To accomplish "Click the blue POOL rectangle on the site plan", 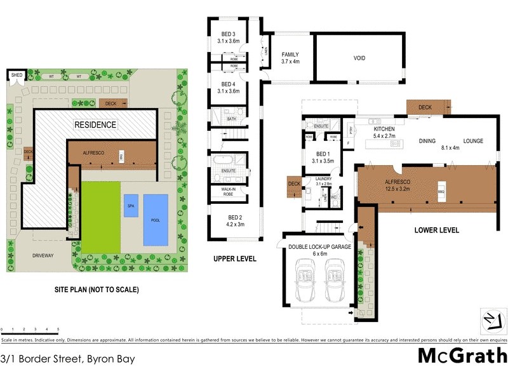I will tap(156, 219).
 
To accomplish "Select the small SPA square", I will tap(131, 206).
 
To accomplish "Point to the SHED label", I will tap(17, 76).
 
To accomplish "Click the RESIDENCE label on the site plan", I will tap(95, 124).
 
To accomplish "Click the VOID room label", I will tap(359, 58).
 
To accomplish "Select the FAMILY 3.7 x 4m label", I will tap(290, 58).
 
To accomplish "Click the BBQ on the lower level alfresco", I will tap(440, 190).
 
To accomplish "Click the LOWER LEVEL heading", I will tap(436, 230).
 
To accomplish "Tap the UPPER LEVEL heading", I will tap(235, 258).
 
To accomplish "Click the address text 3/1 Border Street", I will tap(68, 358).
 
